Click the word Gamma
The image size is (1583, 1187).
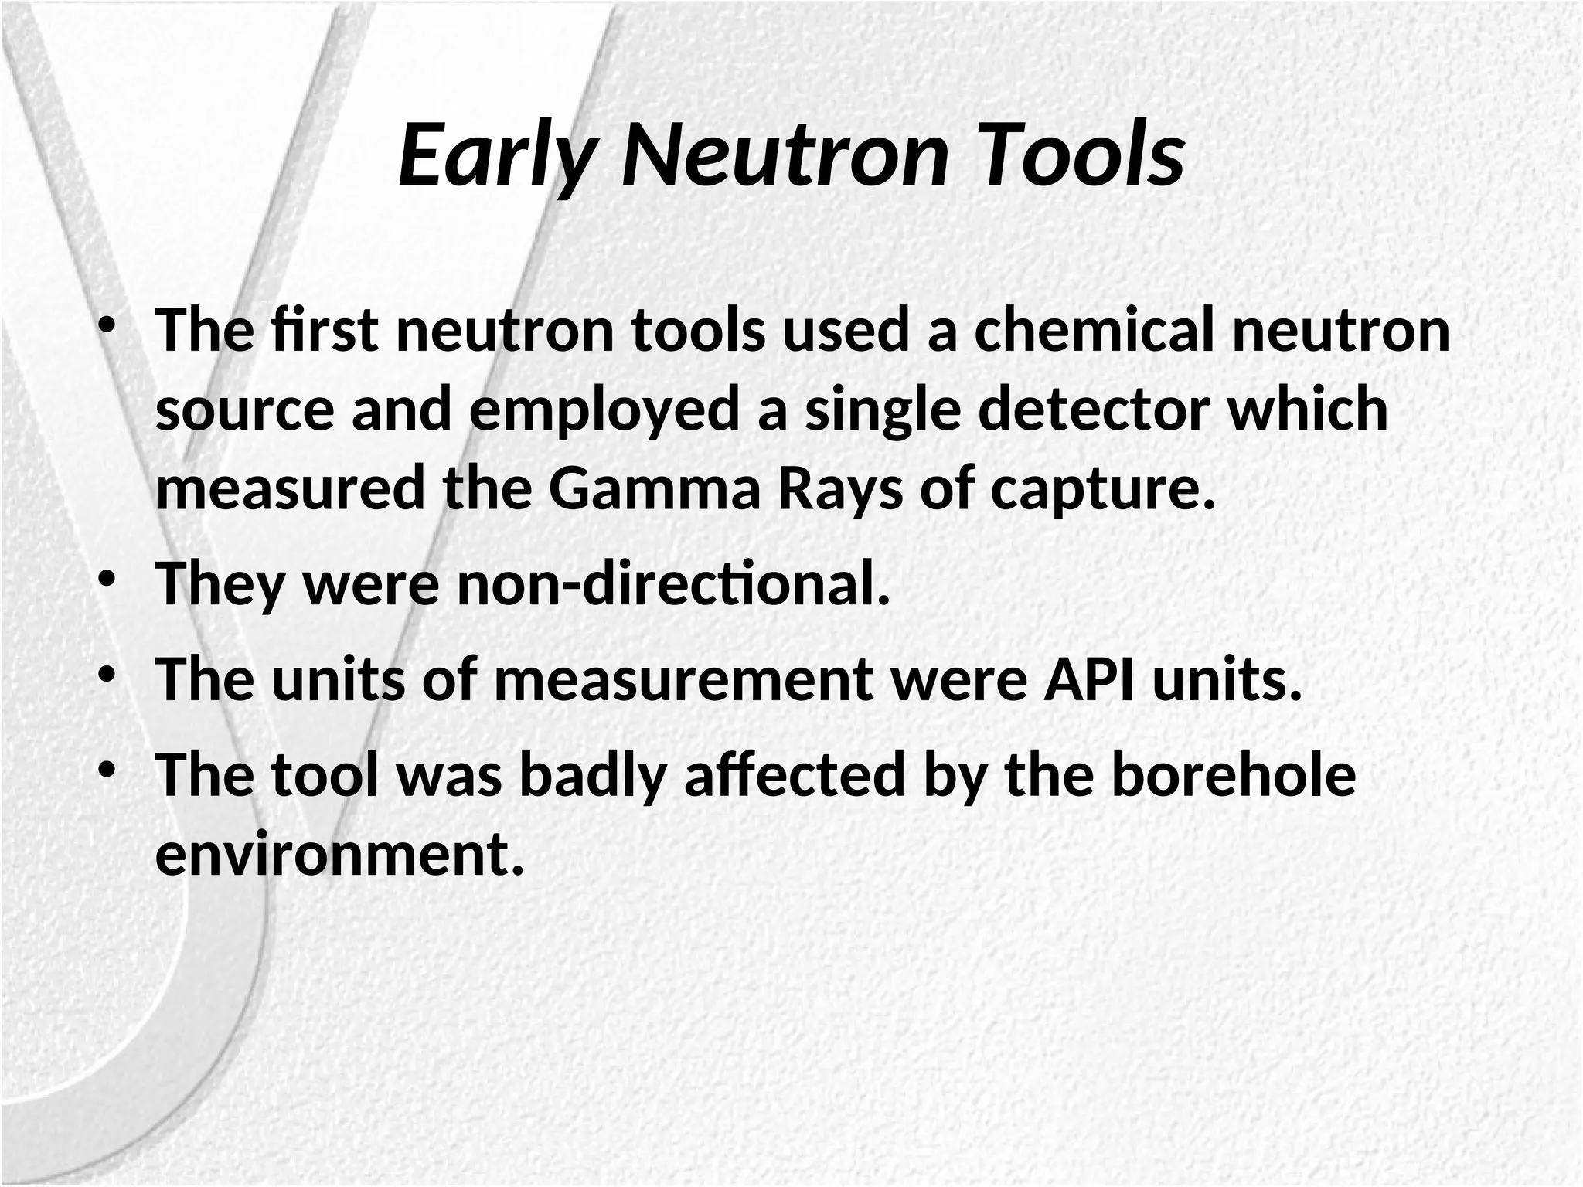click(655, 490)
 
